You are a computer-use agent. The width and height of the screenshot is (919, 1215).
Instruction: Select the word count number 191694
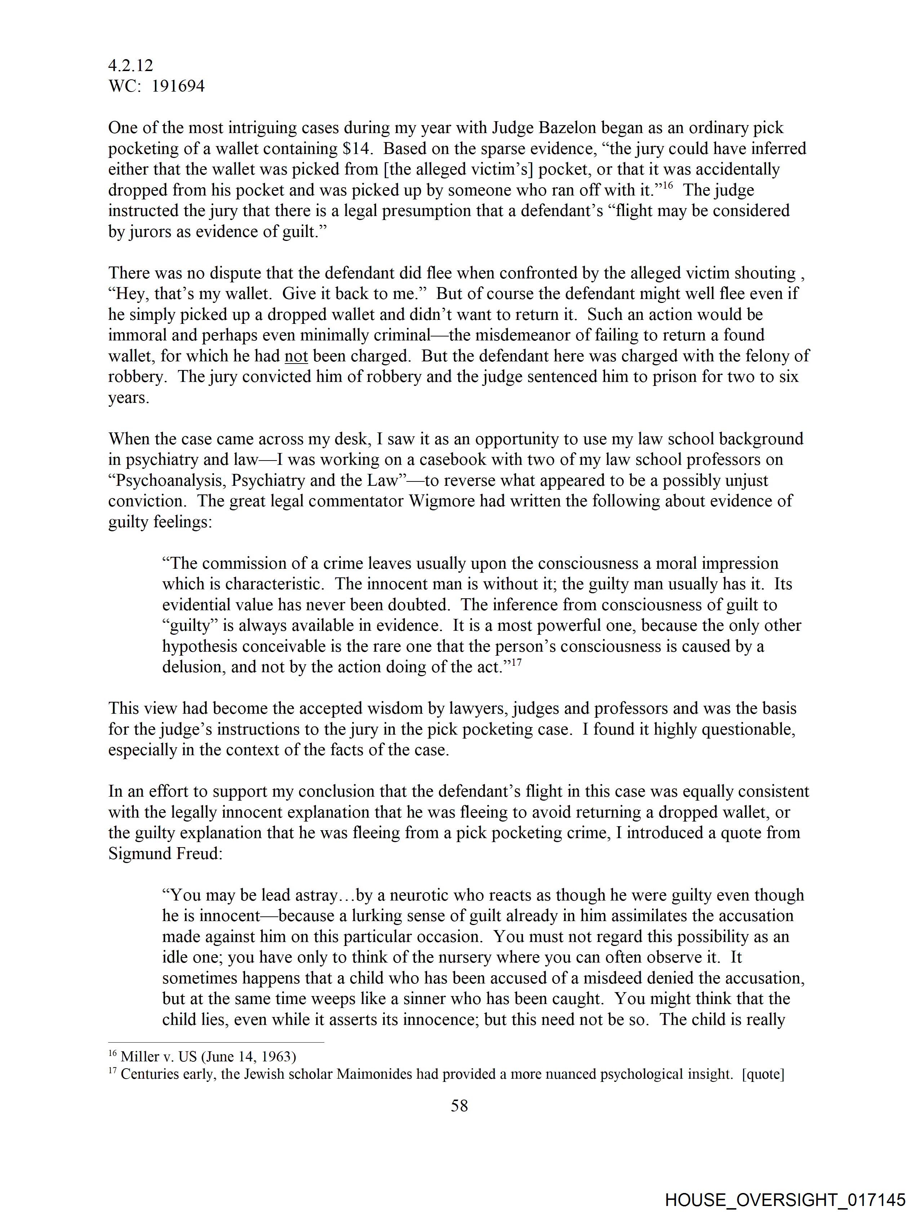coord(178,86)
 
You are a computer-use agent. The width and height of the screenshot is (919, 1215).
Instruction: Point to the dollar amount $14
coord(356,149)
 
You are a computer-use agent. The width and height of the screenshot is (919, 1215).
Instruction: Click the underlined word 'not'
coord(296,356)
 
